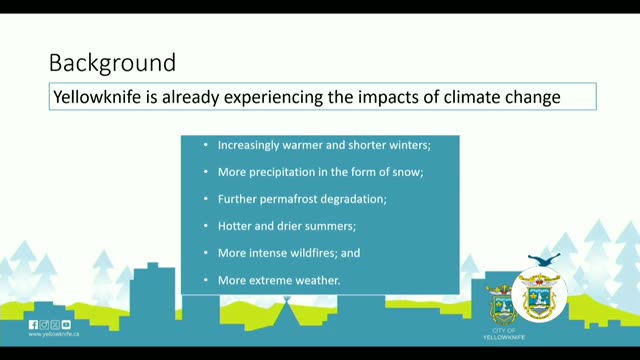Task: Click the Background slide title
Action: [x=112, y=63]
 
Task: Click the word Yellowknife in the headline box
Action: [x=97, y=97]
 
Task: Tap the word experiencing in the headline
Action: [x=273, y=98]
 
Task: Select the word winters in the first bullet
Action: [x=409, y=145]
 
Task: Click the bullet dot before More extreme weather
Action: [x=206, y=280]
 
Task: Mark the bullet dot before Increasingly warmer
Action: [x=206, y=145]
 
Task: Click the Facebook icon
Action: [x=33, y=324]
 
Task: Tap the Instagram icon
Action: [x=44, y=324]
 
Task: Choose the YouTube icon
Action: [x=66, y=324]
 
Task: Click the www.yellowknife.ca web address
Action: [x=54, y=334]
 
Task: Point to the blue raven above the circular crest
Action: [x=544, y=259]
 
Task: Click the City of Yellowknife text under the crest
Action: [x=504, y=334]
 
